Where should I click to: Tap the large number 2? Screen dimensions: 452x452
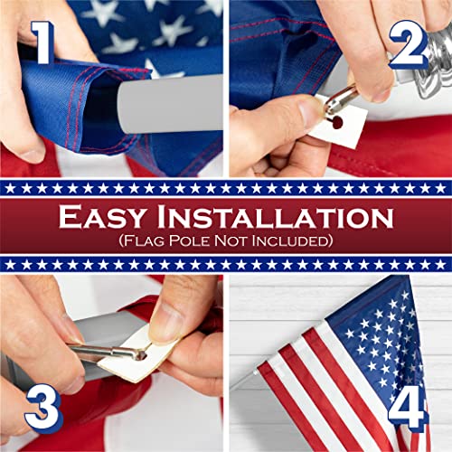point(410,42)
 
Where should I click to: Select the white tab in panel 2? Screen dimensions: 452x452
point(344,123)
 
